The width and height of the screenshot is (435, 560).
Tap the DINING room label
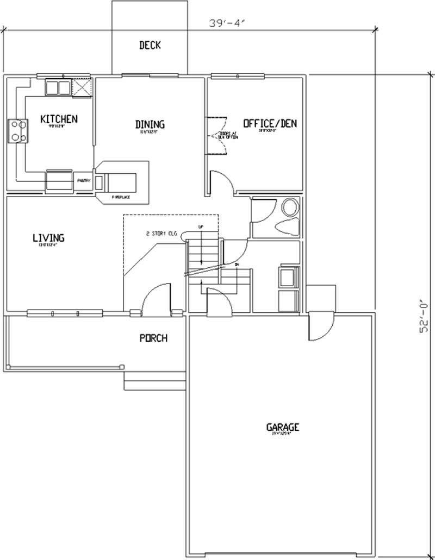click(x=150, y=124)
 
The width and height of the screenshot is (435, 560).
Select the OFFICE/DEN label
click(x=270, y=123)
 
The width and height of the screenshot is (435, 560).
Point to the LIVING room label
click(x=48, y=237)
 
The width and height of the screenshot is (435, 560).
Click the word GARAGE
click(x=282, y=427)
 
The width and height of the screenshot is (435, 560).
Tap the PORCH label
click(x=153, y=338)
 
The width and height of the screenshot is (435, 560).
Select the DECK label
click(x=150, y=45)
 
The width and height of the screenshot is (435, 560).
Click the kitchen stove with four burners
click(x=17, y=131)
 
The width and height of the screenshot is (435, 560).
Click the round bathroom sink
click(x=290, y=207)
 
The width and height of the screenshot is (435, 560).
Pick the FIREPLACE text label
click(x=121, y=198)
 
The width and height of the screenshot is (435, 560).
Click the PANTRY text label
click(x=83, y=180)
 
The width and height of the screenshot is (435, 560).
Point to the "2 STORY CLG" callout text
click(x=161, y=234)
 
